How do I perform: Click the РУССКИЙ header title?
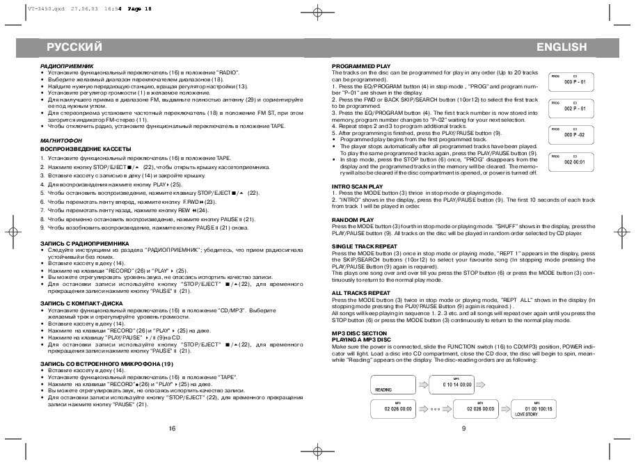74,47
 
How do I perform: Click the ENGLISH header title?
562,47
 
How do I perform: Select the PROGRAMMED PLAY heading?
361,66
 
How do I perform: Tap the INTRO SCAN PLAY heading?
357,186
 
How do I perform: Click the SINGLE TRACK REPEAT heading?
365,246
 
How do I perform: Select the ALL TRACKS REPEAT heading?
361,293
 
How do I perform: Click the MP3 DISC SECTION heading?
359,333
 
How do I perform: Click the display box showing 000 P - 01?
575,81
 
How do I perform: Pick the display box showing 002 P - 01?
575,108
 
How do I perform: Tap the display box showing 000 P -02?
575,134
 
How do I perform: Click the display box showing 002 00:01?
575,160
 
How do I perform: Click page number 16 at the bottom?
172,429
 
